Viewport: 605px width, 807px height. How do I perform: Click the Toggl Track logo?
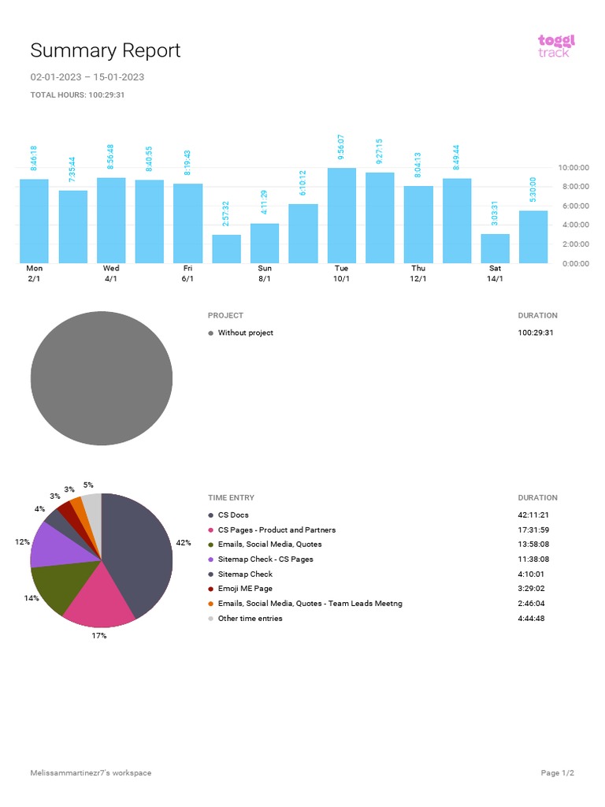(x=556, y=45)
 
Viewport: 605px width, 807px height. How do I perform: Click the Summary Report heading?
(x=105, y=50)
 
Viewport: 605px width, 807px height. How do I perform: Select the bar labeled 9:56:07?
(x=341, y=215)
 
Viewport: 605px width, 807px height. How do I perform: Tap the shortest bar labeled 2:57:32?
(x=226, y=248)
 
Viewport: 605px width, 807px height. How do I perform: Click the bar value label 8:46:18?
(x=34, y=158)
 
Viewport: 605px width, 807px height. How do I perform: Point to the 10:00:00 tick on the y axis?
(x=573, y=168)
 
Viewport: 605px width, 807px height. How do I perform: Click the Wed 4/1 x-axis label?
(x=111, y=273)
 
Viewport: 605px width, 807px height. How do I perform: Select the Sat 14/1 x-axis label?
(x=495, y=273)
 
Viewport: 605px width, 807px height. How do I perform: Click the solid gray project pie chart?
(x=101, y=378)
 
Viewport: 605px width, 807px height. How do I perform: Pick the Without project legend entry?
(x=245, y=333)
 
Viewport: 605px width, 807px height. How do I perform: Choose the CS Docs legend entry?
(x=233, y=515)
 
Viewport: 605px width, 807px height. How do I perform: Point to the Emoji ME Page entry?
(x=245, y=589)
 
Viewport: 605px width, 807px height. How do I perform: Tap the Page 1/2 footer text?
(x=558, y=773)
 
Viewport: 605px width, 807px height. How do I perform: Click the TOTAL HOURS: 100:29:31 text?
(x=77, y=95)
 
